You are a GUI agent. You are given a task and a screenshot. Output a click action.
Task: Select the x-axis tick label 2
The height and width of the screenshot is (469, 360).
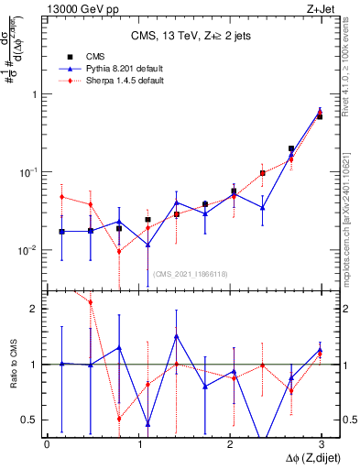231,443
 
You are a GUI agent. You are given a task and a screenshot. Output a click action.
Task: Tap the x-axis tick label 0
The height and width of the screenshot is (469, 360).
47,443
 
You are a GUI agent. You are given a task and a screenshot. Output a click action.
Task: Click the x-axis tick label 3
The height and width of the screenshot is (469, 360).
322,443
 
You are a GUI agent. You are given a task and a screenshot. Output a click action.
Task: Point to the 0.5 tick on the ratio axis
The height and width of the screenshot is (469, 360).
30,420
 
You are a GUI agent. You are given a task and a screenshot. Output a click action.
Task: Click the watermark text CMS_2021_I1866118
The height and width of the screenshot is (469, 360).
190,274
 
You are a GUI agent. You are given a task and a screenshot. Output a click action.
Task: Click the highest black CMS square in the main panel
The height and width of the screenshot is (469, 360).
319,116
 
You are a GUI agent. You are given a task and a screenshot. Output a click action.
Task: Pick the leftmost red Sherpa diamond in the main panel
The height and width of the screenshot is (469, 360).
61,197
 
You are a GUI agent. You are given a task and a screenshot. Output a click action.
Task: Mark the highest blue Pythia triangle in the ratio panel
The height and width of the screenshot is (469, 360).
175,335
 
